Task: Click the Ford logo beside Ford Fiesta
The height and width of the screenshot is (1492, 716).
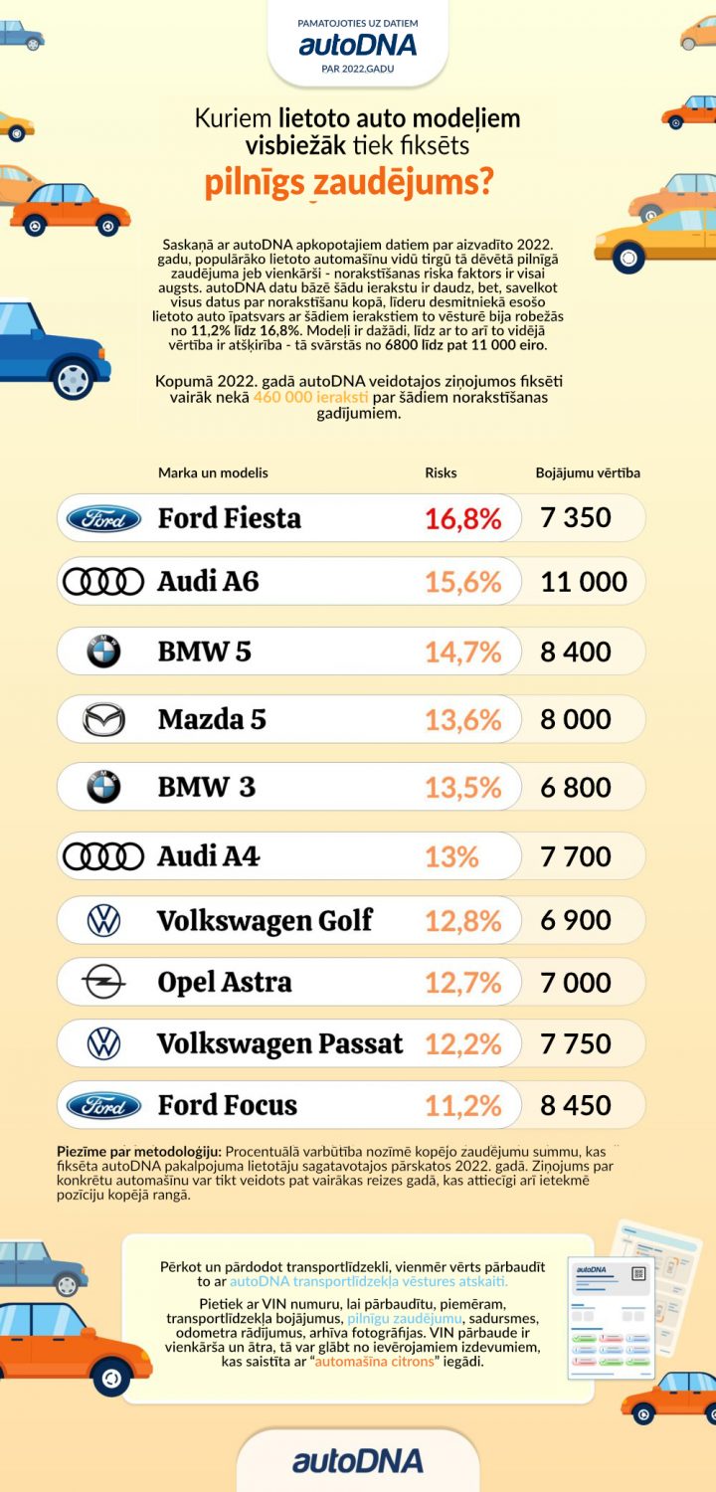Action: tap(103, 518)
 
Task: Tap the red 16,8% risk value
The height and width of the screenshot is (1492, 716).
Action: tap(462, 518)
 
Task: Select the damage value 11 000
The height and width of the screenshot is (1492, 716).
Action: tap(584, 582)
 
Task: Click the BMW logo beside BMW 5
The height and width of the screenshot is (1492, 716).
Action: tap(103, 653)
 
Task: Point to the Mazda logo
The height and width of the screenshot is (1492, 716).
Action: tap(103, 719)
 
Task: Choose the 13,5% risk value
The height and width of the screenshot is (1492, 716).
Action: tap(462, 787)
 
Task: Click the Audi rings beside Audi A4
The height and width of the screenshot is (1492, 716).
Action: tap(103, 855)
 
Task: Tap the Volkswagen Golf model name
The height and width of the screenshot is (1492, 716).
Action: tap(265, 921)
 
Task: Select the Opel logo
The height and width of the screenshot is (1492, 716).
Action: tap(103, 983)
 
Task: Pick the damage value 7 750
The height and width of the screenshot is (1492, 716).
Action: tap(576, 1043)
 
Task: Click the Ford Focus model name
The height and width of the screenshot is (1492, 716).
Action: tap(227, 1105)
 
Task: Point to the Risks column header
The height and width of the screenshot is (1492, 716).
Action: tap(441, 472)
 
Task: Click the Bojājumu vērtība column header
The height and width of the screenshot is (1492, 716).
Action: tap(588, 472)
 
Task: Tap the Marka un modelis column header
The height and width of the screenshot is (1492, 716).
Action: tap(213, 472)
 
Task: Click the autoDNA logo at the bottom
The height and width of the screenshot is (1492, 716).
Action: tap(357, 1460)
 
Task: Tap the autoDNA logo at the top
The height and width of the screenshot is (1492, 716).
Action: tap(357, 45)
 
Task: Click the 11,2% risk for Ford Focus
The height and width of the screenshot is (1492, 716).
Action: tap(462, 1105)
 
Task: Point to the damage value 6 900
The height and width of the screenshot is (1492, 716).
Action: tap(576, 921)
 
